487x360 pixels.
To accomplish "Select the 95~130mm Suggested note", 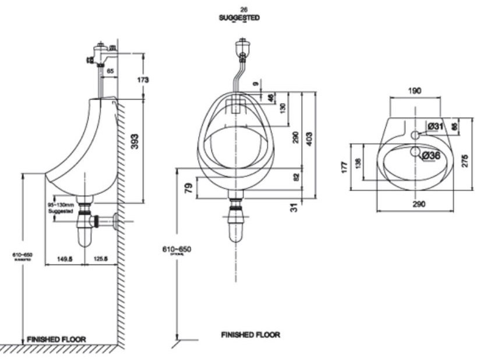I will (61, 208).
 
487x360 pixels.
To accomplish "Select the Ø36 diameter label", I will (431, 156).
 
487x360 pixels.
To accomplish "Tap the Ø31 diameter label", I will (434, 126).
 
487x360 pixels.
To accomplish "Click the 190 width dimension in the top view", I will (415, 91).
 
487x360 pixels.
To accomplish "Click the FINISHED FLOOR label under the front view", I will (250, 335).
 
